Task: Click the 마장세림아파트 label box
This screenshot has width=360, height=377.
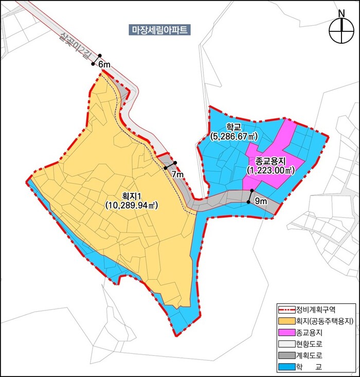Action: coord(159,30)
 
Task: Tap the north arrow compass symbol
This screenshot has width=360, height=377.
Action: coord(340,32)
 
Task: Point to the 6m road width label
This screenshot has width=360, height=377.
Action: coord(104,65)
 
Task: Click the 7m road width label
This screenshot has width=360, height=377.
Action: coord(177,175)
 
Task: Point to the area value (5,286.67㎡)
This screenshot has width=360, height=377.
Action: coord(234,136)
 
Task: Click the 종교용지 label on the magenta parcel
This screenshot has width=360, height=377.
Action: coord(270,160)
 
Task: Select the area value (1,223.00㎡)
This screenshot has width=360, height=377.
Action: coord(270,170)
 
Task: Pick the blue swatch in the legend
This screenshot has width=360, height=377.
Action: coord(286,367)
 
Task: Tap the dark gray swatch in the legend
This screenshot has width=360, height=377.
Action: coord(286,355)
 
